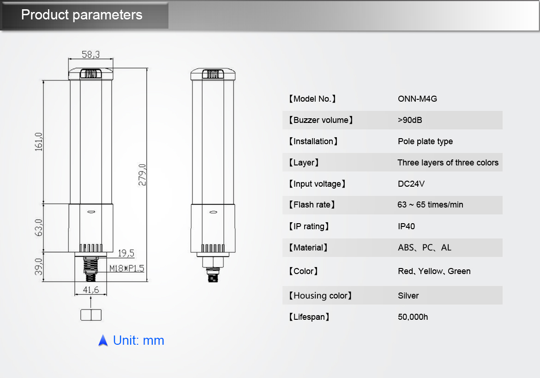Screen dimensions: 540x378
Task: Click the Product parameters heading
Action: point(82,15)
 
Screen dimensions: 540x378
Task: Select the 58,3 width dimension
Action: point(90,55)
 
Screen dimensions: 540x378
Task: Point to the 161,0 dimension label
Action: point(39,141)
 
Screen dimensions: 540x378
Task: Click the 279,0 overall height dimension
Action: point(142,175)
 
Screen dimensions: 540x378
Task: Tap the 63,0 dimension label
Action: point(39,228)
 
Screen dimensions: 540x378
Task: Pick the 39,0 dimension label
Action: point(39,267)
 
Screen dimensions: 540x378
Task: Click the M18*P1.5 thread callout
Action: point(127,268)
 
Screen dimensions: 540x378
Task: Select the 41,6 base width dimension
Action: point(91,290)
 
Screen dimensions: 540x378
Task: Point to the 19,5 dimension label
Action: point(126,253)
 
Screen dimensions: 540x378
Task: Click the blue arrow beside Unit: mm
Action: point(103,341)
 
